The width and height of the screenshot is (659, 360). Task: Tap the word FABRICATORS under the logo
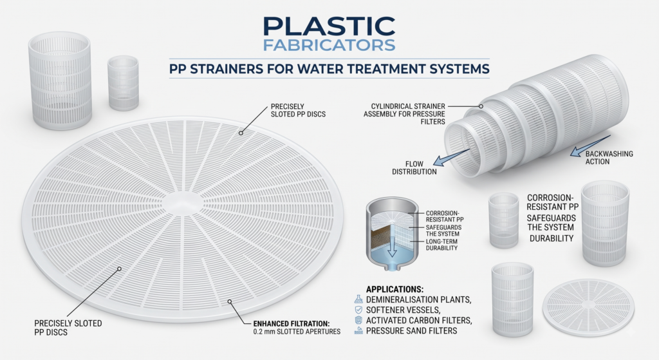tap(329, 45)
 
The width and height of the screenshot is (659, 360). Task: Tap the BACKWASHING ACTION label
tap(609, 158)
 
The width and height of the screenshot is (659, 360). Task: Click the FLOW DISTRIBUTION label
tap(414, 168)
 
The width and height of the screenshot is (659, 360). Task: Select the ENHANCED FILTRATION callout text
tap(297, 328)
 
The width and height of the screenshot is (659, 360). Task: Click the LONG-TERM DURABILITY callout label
tap(441, 245)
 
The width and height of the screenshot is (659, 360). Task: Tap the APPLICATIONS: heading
tap(394, 289)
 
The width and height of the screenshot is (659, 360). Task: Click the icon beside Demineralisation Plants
tap(358, 299)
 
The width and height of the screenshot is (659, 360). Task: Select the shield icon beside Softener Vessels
tap(358, 310)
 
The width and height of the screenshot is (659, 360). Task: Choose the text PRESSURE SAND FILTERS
tap(411, 331)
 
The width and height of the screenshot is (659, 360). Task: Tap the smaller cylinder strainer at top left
tap(123, 83)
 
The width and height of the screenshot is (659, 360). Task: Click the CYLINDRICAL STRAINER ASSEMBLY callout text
tap(404, 114)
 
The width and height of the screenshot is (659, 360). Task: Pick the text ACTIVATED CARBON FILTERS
tap(419, 321)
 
